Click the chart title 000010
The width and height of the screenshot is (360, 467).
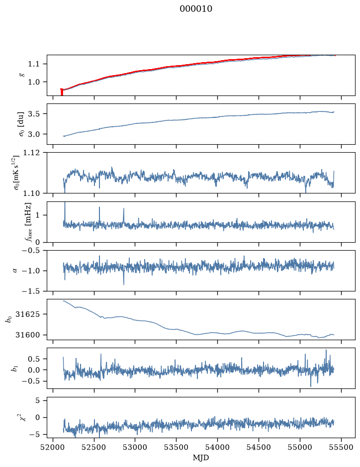pyautogui.click(x=195, y=9)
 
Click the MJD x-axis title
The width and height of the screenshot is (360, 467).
pyautogui.click(x=201, y=458)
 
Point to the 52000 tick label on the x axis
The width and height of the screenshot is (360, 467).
pyautogui.click(x=53, y=447)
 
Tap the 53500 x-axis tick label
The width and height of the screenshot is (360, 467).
pyautogui.click(x=177, y=447)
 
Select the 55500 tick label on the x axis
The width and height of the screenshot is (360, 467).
pyautogui.click(x=341, y=447)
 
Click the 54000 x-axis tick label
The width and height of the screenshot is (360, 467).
pyautogui.click(x=217, y=447)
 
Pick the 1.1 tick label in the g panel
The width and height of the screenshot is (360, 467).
pyautogui.click(x=34, y=64)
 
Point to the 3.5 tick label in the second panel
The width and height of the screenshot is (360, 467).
pyautogui.click(x=34, y=114)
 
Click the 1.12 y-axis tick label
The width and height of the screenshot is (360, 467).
pyautogui.click(x=31, y=153)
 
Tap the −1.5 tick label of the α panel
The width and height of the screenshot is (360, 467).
pyautogui.click(x=31, y=291)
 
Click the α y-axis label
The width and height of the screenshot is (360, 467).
pyautogui.click(x=15, y=271)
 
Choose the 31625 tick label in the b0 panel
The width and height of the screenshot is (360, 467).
pyautogui.click(x=27, y=314)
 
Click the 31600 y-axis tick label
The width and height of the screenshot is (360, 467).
pyautogui.click(x=27, y=335)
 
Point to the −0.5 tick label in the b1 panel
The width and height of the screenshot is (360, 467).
pyautogui.click(x=31, y=381)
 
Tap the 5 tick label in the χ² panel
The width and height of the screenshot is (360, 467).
pyautogui.click(x=37, y=400)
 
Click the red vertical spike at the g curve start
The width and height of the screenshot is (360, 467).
pyautogui.click(x=62, y=92)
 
